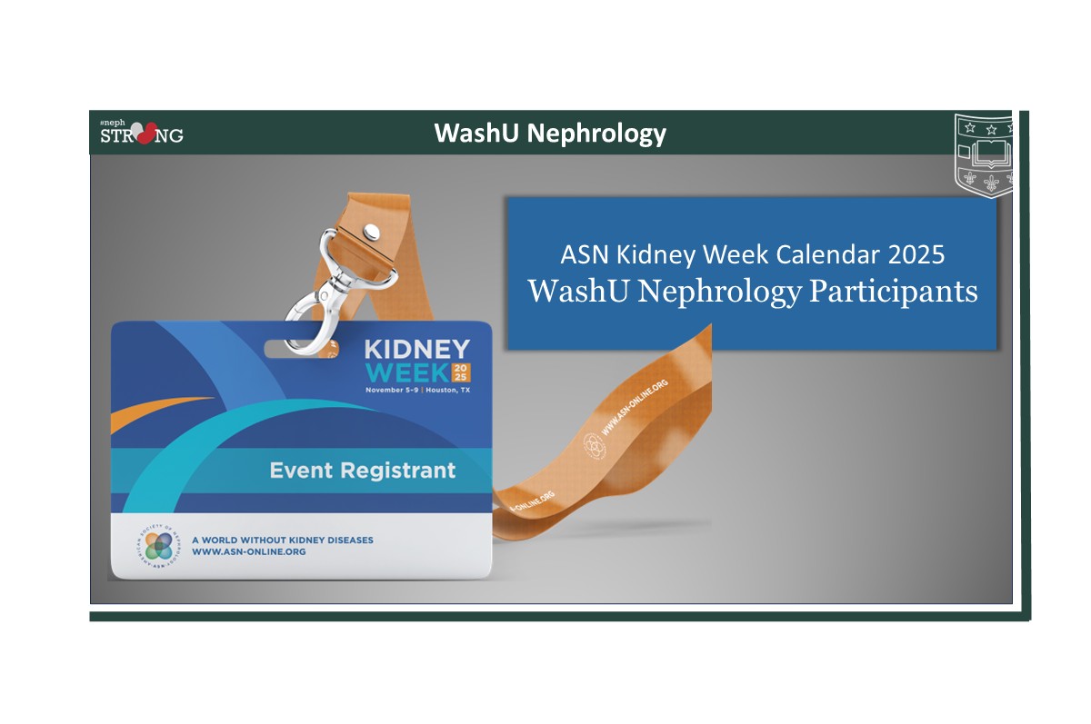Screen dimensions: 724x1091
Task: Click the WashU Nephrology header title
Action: [x=550, y=134]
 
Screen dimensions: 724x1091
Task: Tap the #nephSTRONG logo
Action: [x=141, y=132]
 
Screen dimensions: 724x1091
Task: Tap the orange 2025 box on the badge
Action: [x=462, y=372]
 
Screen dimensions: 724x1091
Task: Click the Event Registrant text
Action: [x=362, y=471]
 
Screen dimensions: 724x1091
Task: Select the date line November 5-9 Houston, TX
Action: [x=417, y=390]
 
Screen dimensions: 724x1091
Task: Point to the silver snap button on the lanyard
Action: [x=372, y=233]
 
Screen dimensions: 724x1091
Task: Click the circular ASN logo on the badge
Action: [x=159, y=546]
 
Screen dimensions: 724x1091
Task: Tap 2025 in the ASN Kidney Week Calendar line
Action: [x=916, y=254]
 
